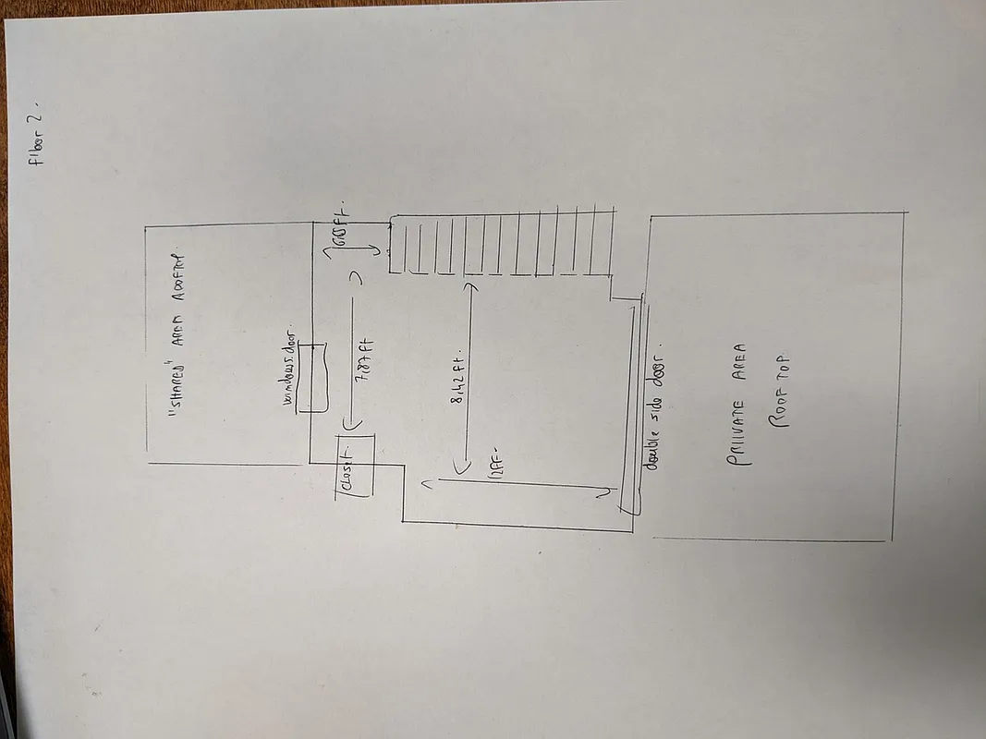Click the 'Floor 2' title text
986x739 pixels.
(x=38, y=136)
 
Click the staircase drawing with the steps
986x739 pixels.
(x=500, y=245)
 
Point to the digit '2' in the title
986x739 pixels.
(x=40, y=115)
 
